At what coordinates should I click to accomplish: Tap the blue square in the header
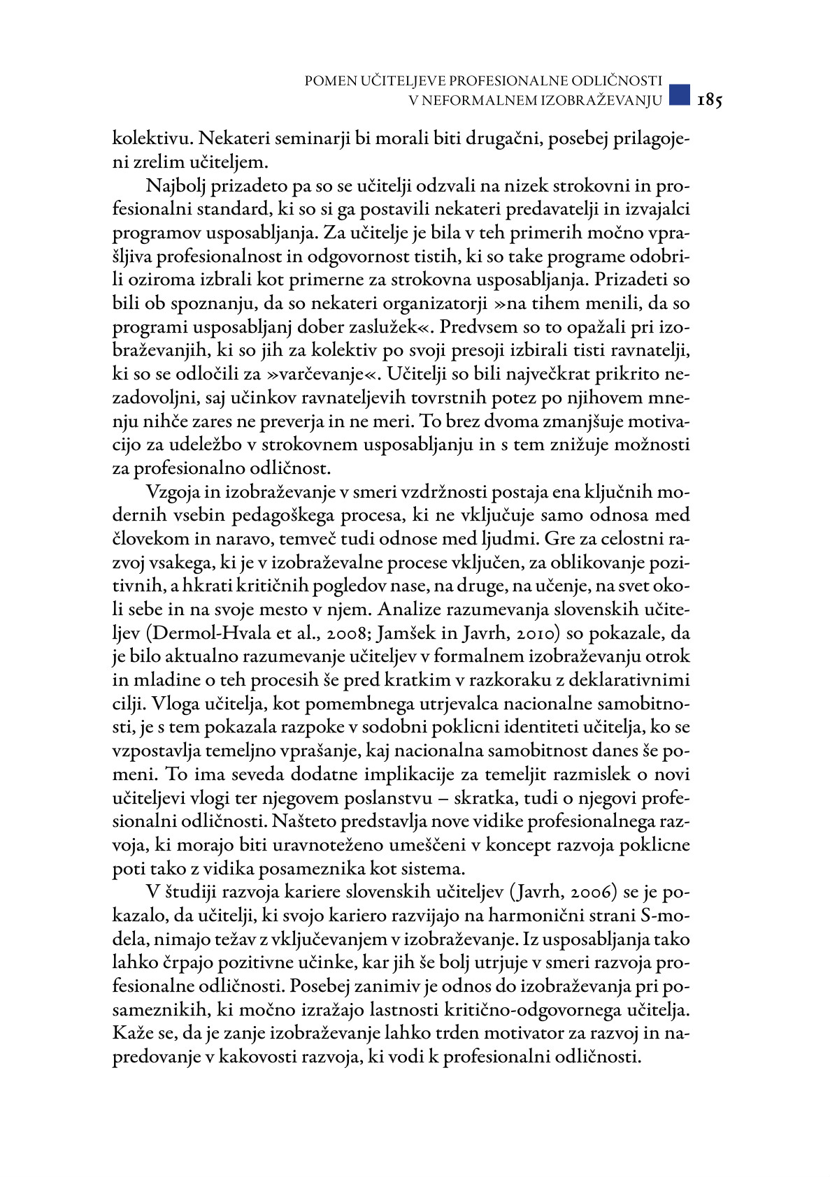[x=678, y=94]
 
